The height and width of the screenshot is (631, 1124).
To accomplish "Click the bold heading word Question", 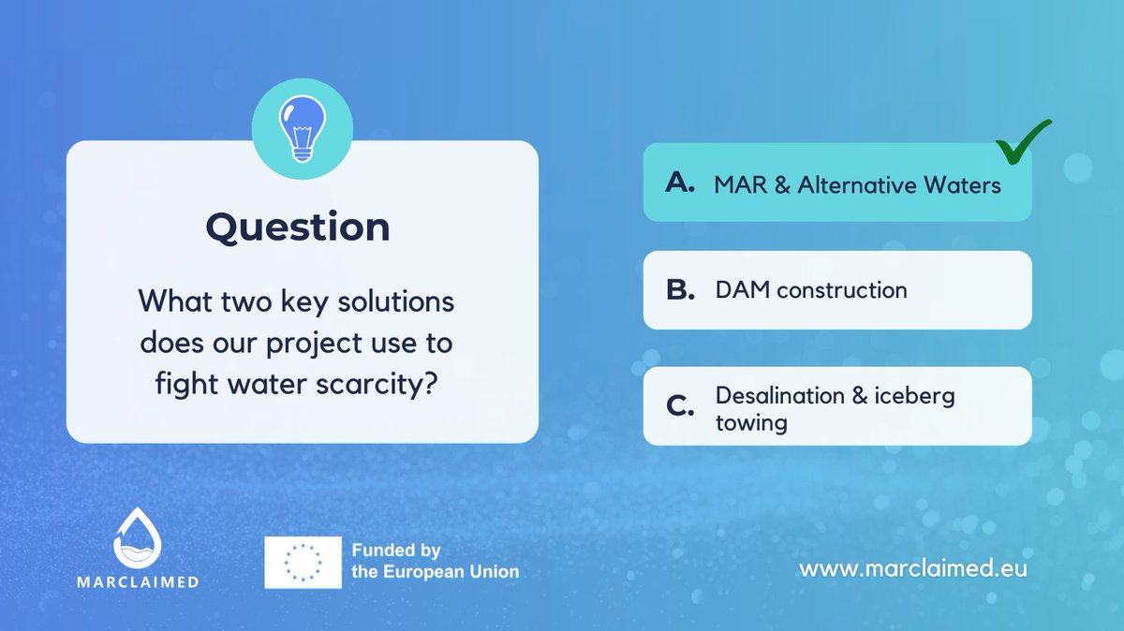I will [298, 227].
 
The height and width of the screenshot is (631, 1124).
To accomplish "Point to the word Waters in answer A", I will [963, 185].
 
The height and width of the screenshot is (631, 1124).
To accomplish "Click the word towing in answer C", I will [751, 422].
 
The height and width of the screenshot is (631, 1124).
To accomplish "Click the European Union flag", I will [303, 563].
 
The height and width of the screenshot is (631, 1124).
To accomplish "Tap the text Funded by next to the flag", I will [395, 550].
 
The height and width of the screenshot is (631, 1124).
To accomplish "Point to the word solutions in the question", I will [389, 302].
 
